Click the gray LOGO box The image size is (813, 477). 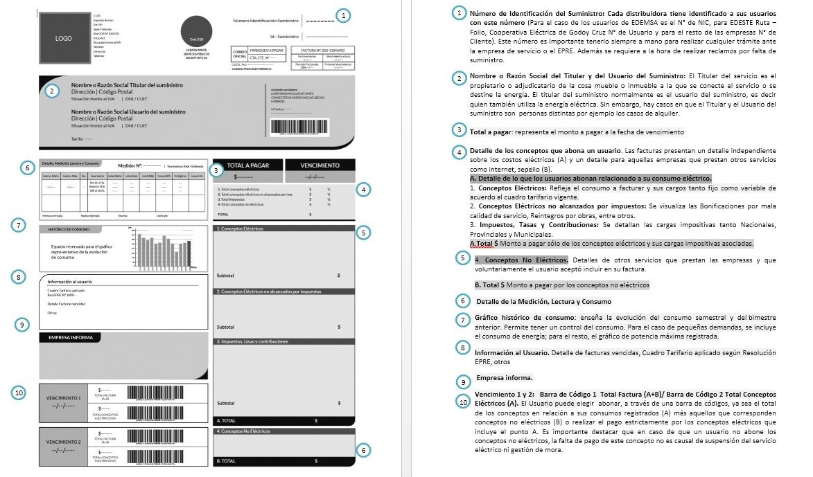point(64,39)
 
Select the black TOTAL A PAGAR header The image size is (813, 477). point(247,166)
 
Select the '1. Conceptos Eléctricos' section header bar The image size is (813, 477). point(283,228)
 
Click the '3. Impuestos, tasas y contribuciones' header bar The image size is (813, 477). point(283,341)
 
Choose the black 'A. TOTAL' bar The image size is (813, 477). point(283,420)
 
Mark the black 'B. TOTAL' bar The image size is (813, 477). point(283,460)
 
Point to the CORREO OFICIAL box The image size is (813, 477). point(239,53)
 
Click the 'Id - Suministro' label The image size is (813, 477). point(284,36)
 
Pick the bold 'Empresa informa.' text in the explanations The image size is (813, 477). point(504,378)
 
